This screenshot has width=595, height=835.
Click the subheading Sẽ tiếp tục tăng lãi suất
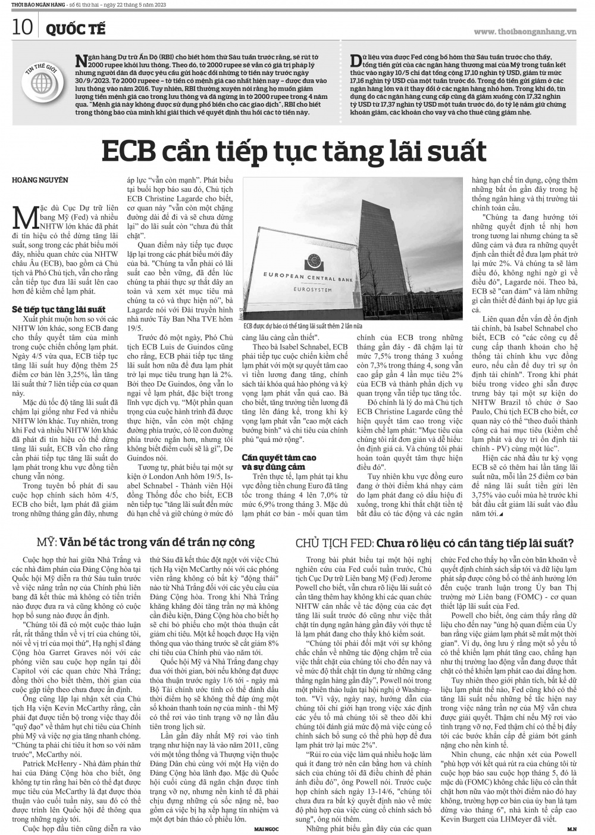(x=59, y=310)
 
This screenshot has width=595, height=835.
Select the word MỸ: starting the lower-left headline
(x=46, y=543)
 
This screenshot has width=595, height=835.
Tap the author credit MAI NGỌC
(x=267, y=828)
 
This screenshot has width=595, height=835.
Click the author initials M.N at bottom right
(x=571, y=828)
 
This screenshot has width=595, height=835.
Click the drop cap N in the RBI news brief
(x=81, y=59)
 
